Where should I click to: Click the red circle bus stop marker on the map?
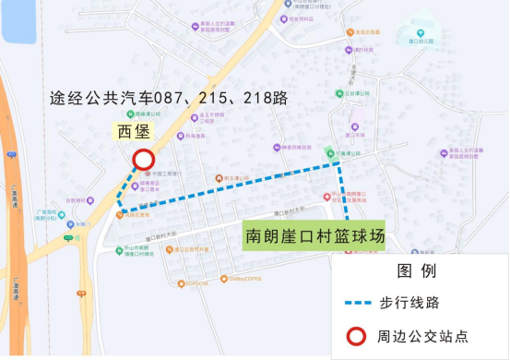[144, 160]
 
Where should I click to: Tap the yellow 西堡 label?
[133, 130]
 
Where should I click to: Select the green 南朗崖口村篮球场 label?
[313, 235]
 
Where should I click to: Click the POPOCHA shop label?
[197, 283]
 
